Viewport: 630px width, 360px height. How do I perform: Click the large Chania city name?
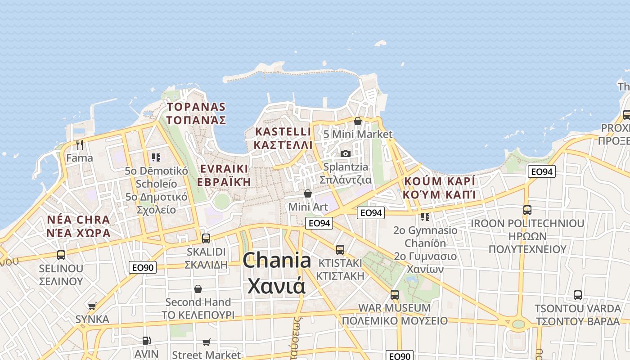point(277,273)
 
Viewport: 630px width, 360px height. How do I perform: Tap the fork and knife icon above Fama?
point(80,145)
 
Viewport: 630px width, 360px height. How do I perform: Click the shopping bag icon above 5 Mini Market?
point(358,121)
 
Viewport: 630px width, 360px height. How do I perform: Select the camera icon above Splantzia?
point(345,153)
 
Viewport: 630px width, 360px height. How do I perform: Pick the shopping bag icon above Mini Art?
point(308,193)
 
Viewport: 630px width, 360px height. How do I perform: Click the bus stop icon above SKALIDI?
point(206,238)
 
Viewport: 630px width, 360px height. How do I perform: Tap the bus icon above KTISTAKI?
point(340,249)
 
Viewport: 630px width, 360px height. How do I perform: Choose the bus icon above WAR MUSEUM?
point(395,295)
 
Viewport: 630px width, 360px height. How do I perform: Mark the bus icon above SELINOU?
point(61,255)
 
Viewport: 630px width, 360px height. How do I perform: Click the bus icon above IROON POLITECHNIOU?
point(527,210)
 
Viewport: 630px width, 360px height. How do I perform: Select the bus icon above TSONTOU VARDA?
point(577,295)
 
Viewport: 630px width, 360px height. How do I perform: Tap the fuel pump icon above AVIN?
point(146,341)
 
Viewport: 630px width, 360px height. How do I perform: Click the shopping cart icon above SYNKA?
point(92,306)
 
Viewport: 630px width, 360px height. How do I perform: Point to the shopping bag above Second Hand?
point(198,288)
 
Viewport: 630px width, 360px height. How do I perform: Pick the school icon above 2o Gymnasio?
point(425,217)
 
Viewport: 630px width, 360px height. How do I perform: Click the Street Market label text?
point(206,355)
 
